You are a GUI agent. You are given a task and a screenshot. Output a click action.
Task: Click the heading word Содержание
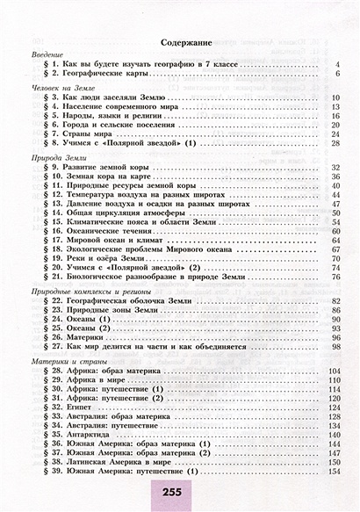(180, 41)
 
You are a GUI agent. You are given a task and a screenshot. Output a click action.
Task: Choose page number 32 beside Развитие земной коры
(334, 166)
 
